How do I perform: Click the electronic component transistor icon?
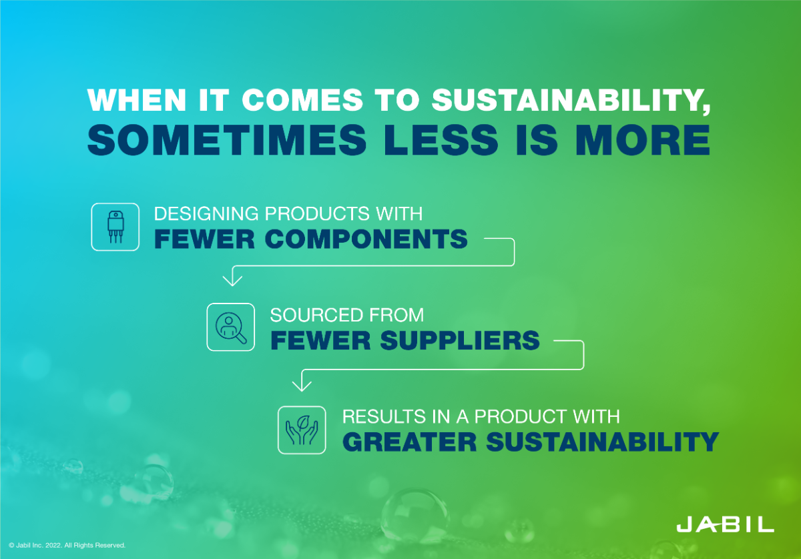click(115, 227)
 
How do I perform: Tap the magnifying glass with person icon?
click(231, 327)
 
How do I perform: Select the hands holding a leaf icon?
click(302, 430)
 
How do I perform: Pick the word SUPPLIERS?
click(460, 340)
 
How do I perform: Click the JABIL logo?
click(725, 524)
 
